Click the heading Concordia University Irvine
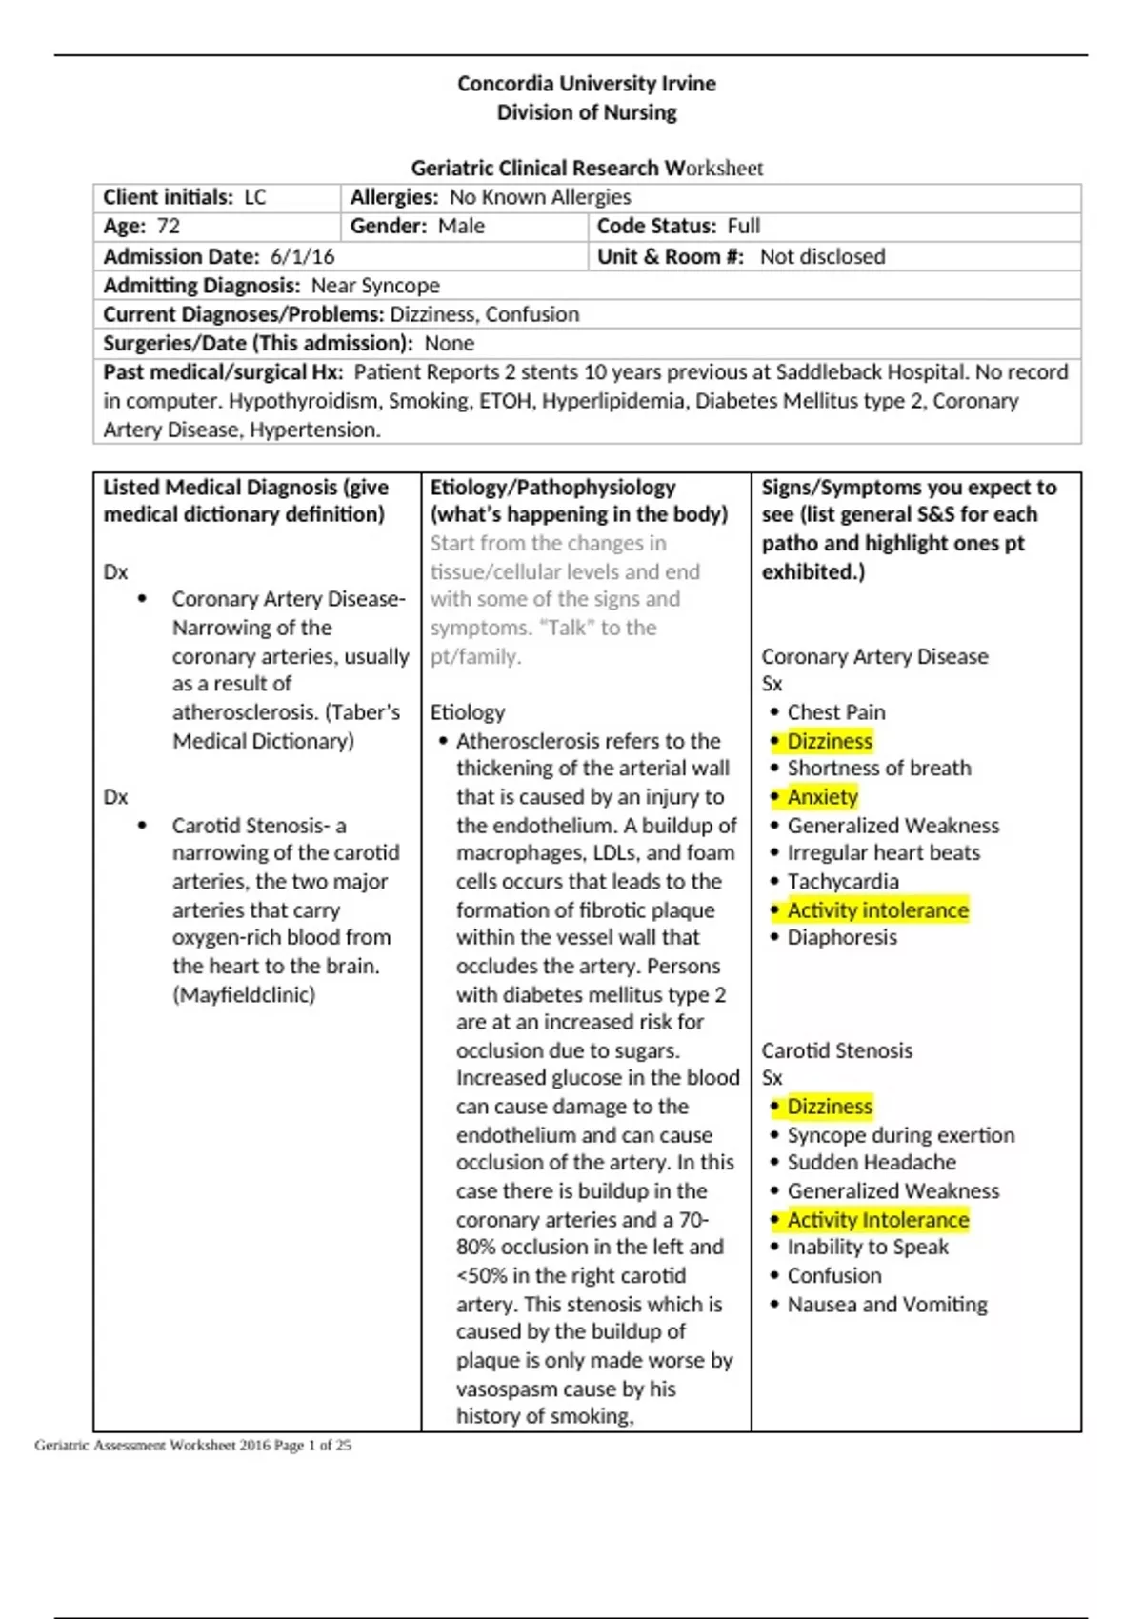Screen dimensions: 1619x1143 [586, 84]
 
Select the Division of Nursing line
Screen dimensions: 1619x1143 [586, 112]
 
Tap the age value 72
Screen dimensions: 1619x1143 [168, 227]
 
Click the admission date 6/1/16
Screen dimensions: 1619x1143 [302, 257]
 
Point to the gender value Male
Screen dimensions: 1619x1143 [461, 227]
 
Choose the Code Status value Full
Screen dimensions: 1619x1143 [743, 227]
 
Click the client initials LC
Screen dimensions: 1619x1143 [255, 197]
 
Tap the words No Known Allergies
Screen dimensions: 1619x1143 [540, 197]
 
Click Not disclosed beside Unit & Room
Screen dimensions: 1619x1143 [822, 257]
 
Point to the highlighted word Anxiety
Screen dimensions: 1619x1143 [822, 797]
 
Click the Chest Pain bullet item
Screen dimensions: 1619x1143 [835, 712]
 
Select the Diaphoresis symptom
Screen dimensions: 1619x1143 [841, 937]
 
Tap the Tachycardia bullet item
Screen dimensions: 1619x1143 [842, 881]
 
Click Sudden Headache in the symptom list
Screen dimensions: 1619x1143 [871, 1162]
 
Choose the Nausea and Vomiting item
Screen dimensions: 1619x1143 [887, 1305]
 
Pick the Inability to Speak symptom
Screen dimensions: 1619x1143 [867, 1247]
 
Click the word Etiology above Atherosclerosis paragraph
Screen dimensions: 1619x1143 [468, 712]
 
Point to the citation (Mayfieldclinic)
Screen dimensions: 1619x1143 [243, 994]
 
